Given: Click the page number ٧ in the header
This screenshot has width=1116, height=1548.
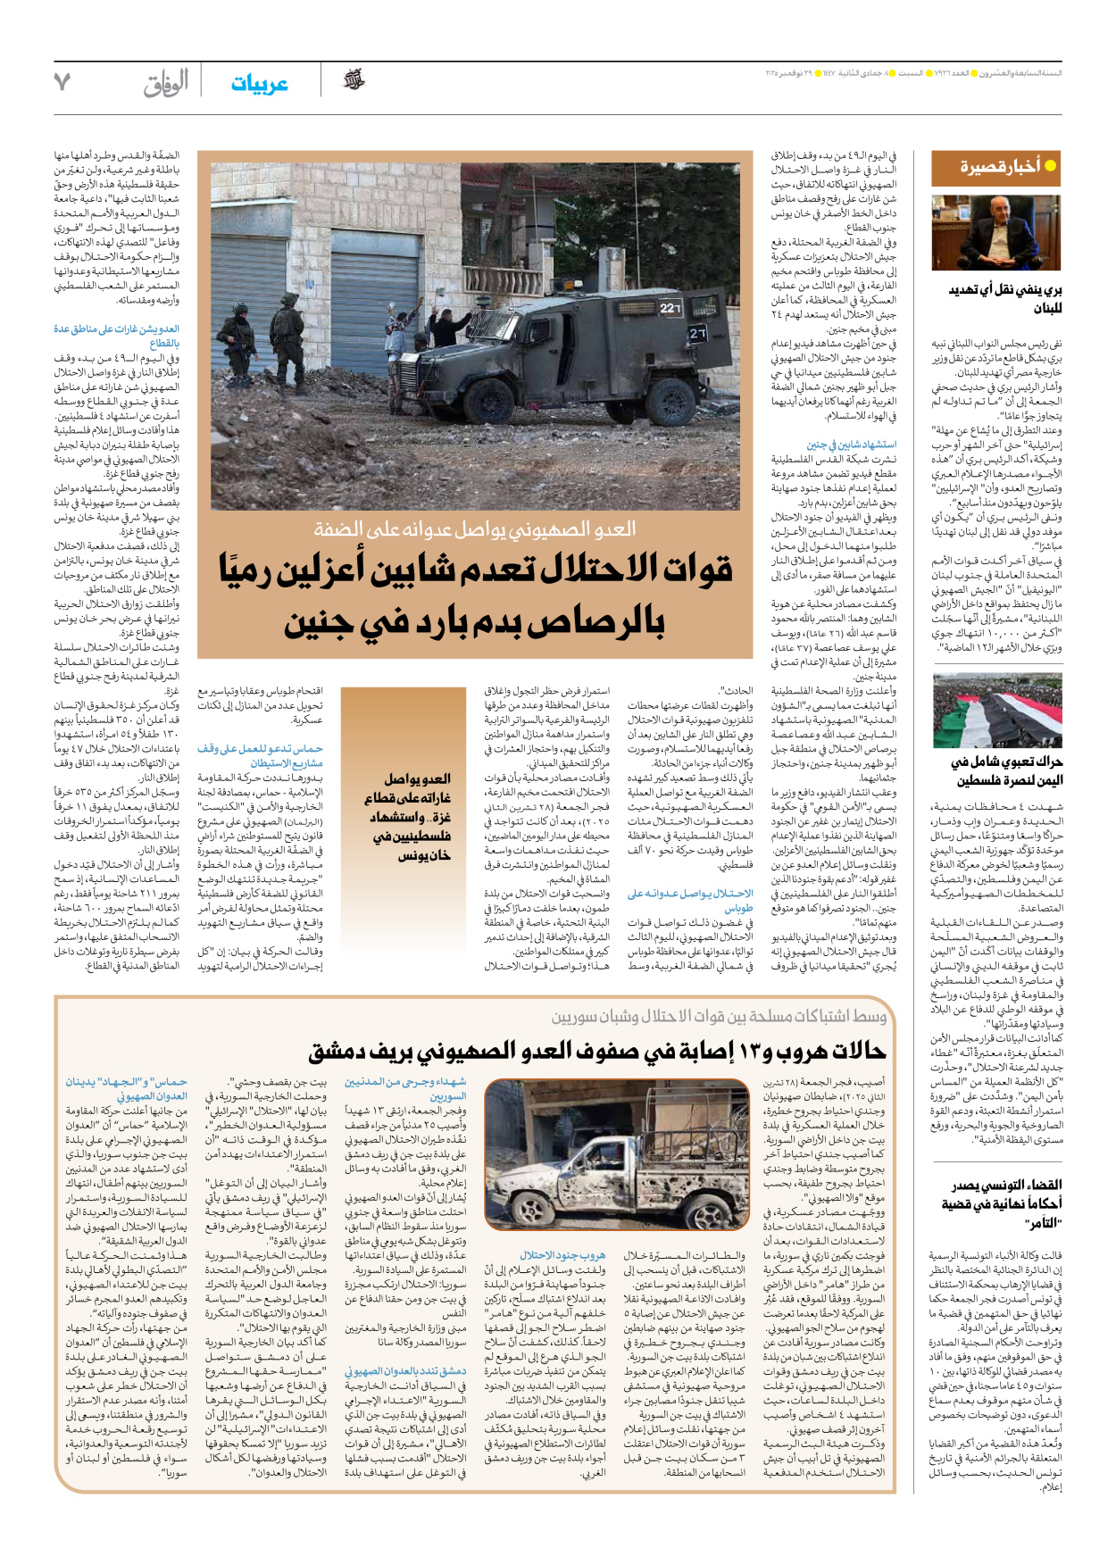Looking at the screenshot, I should click(x=62, y=82).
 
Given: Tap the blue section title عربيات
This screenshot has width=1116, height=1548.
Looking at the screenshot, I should click(x=259, y=84).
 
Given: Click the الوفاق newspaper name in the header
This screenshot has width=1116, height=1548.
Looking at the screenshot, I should click(x=166, y=83).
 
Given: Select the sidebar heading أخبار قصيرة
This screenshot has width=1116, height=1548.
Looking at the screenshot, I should click(x=999, y=167).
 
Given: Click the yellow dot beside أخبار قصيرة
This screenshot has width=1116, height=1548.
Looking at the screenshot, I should click(x=1051, y=166).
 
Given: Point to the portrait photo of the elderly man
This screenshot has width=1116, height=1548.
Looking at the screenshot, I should click(x=996, y=233).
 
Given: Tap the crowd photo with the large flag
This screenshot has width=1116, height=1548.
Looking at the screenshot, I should click(x=996, y=711).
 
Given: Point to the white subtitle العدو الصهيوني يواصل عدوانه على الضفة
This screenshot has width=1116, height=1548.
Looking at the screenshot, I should click(x=474, y=529).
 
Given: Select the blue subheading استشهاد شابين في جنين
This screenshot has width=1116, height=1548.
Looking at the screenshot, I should click(x=851, y=445).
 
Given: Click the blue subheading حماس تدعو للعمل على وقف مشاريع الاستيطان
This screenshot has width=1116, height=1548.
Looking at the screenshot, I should click(x=260, y=755).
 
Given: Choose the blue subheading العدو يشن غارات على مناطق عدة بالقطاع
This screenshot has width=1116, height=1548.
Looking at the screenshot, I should click(x=116, y=336).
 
